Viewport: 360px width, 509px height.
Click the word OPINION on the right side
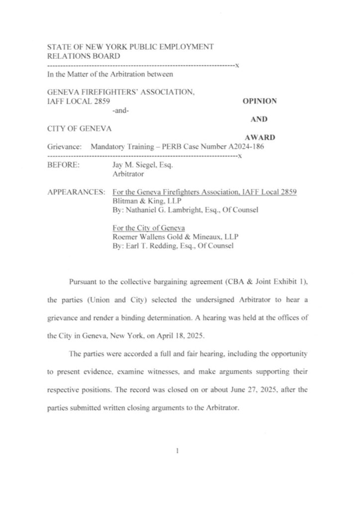click(259, 101)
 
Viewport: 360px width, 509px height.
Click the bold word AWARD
click(261, 137)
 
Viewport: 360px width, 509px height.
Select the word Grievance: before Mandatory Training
click(64, 147)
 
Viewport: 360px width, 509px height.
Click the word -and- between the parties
click(121, 110)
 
